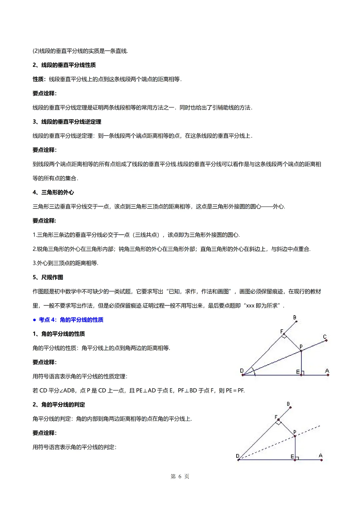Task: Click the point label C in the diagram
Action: click(325, 337)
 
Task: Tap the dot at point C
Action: click(326, 340)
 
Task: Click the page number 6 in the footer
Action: click(180, 476)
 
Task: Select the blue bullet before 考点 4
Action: click(34, 320)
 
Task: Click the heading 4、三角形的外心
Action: click(53, 192)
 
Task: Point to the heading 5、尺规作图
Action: click(48, 277)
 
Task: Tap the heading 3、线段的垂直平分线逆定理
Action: click(67, 122)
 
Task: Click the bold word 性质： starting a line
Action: click(40, 79)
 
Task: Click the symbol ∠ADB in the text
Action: click(68, 390)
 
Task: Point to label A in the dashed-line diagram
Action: click(321, 455)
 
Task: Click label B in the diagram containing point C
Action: click(295, 317)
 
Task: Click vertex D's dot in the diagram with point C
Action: click(243, 375)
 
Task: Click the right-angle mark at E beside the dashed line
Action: click(297, 458)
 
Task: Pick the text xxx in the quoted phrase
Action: click(250, 306)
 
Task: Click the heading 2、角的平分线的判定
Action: click(59, 405)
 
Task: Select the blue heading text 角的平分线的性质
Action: click(82, 320)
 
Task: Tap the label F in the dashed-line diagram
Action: click(276, 417)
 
